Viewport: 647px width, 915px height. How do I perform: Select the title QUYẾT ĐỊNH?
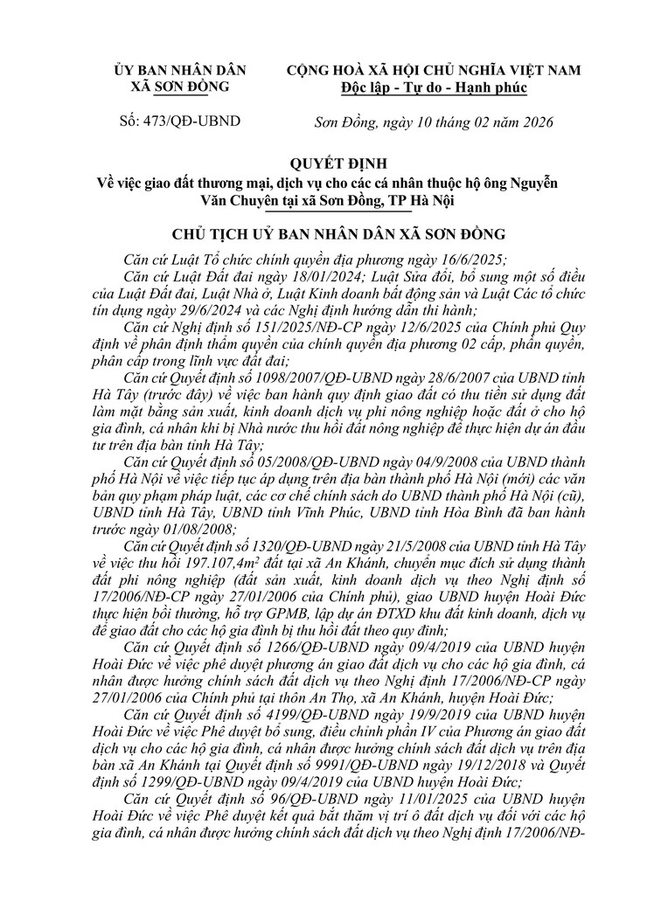tap(323, 163)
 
